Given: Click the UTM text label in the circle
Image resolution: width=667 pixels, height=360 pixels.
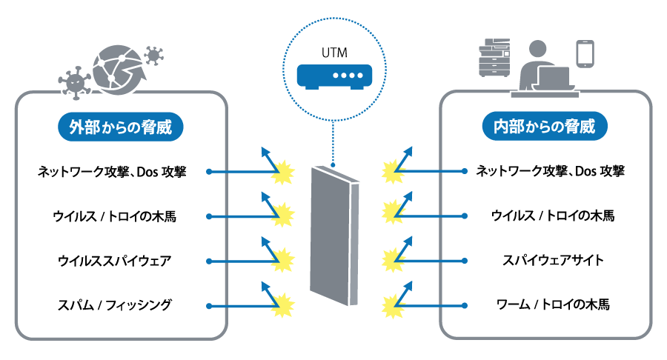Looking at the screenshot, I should (333, 53).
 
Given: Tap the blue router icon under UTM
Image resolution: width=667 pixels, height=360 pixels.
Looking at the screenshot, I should (333, 76).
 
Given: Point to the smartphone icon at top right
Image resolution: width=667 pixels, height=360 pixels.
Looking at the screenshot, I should (586, 53).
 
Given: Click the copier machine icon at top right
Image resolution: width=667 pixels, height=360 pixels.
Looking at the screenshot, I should (495, 60).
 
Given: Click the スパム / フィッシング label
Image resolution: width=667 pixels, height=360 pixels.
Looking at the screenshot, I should (115, 304).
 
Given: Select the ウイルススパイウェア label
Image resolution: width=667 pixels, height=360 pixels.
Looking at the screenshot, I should (115, 261).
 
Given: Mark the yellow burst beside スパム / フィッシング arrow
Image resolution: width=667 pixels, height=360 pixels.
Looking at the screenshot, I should (283, 304).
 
